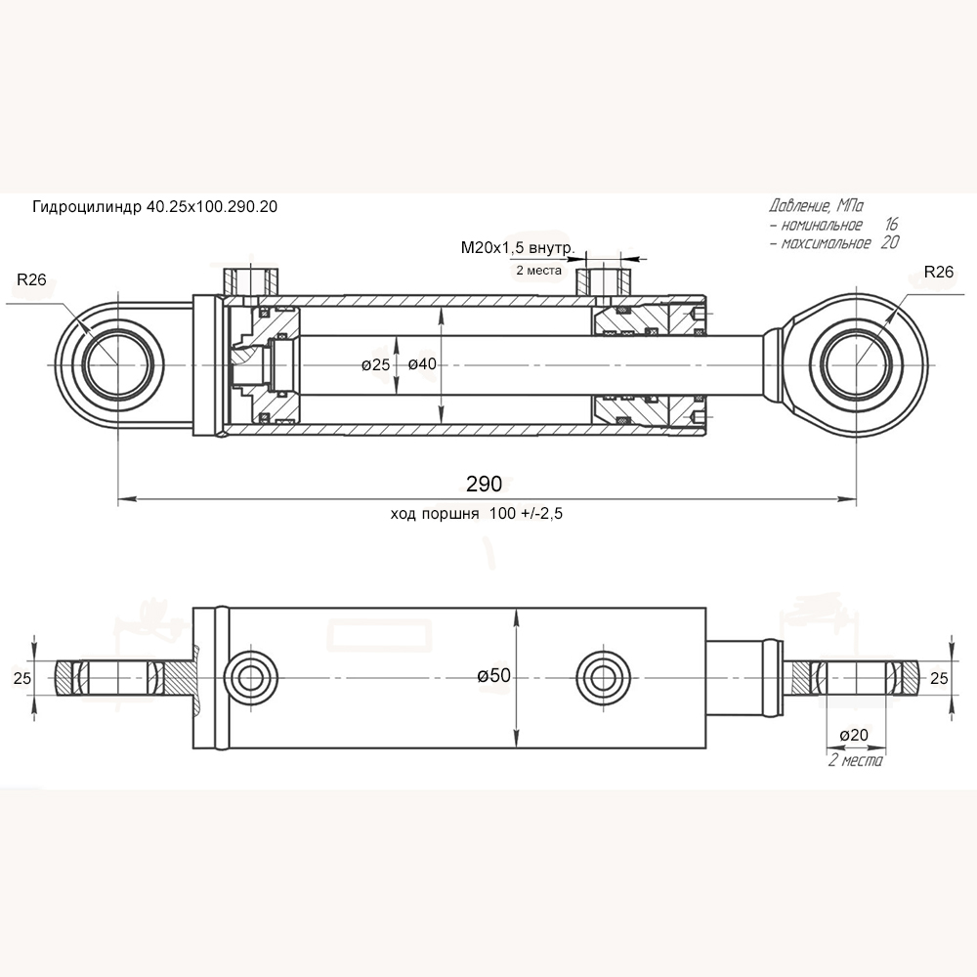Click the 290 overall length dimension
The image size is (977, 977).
(484, 484)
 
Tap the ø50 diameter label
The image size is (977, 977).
(494, 675)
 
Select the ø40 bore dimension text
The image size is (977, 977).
(421, 364)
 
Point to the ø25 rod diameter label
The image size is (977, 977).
(375, 364)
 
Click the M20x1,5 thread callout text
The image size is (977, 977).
(517, 249)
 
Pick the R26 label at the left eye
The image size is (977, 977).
(31, 280)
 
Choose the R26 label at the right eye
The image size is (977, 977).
(938, 272)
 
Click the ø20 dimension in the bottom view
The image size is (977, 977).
(854, 735)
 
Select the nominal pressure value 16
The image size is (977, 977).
(890, 225)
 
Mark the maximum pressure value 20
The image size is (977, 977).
(889, 242)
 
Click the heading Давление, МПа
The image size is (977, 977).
(816, 207)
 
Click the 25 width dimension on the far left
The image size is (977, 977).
(21, 676)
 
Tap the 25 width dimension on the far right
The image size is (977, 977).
(938, 676)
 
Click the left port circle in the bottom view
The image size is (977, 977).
(249, 675)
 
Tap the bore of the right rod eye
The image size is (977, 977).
(857, 364)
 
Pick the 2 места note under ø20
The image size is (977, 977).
(855, 760)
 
